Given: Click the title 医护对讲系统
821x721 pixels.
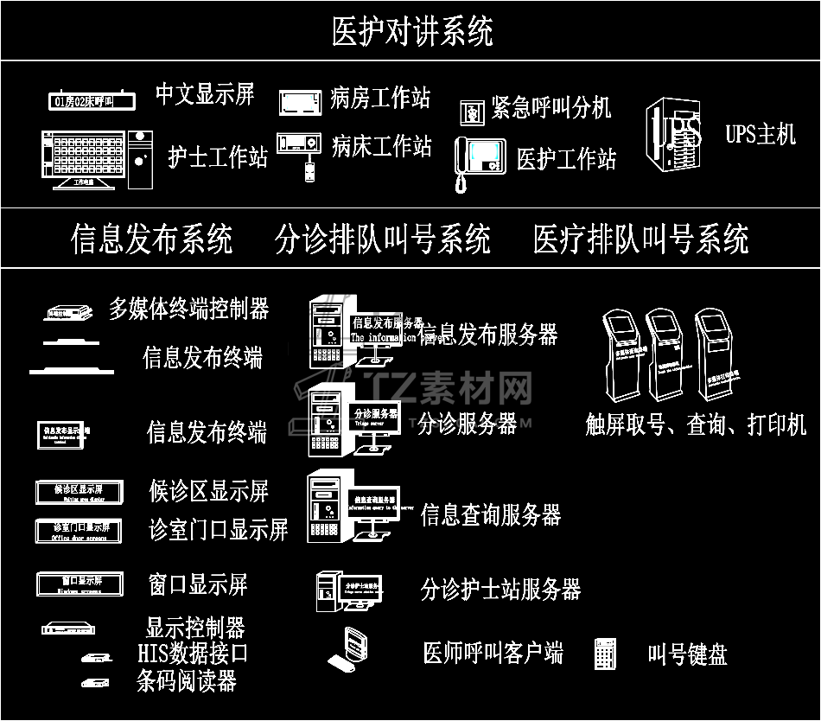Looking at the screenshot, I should (412, 32).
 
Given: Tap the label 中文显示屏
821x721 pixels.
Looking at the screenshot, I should (205, 94).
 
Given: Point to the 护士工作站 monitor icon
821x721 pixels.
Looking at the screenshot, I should (84, 157).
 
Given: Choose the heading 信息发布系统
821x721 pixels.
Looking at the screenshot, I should (151, 239).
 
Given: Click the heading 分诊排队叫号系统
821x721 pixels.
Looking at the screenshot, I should (383, 239).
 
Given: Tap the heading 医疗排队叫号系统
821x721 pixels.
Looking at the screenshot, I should (640, 239).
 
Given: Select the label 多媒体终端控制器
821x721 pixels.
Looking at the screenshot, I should (188, 308).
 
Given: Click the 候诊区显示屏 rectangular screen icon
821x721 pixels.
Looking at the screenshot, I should (80, 491).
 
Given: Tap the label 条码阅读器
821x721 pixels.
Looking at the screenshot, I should (186, 681).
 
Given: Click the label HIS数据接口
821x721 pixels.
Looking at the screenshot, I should (193, 653).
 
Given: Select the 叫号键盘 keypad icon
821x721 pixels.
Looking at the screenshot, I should (605, 654).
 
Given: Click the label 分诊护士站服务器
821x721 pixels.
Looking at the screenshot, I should (500, 590).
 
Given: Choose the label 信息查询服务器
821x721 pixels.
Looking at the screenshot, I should (491, 515).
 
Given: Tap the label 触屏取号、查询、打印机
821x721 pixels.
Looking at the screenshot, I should (696, 424).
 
